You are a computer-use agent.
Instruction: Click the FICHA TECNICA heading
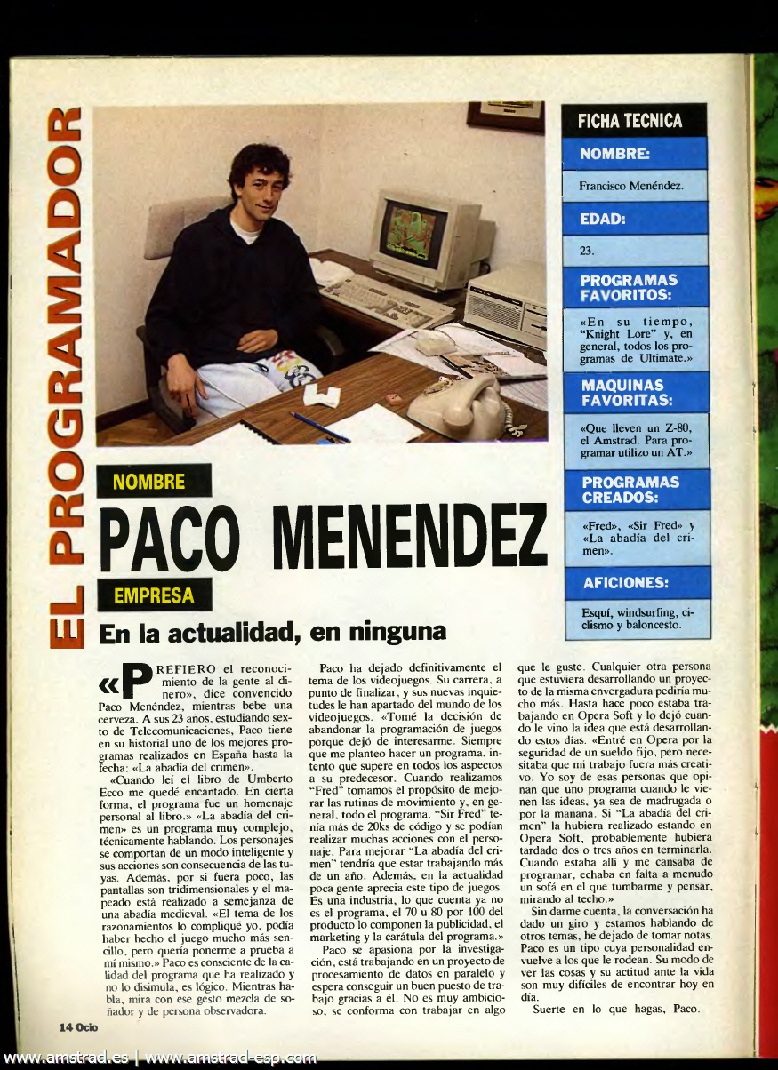[x=630, y=121]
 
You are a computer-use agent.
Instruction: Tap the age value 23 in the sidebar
[x=586, y=251]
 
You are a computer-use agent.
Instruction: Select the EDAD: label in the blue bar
[x=604, y=218]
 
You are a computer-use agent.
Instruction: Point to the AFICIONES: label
[x=626, y=583]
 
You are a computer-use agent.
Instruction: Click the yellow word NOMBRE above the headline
[x=149, y=483]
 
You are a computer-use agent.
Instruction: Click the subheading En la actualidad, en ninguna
[x=271, y=633]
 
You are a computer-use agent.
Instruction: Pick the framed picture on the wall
[x=505, y=116]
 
